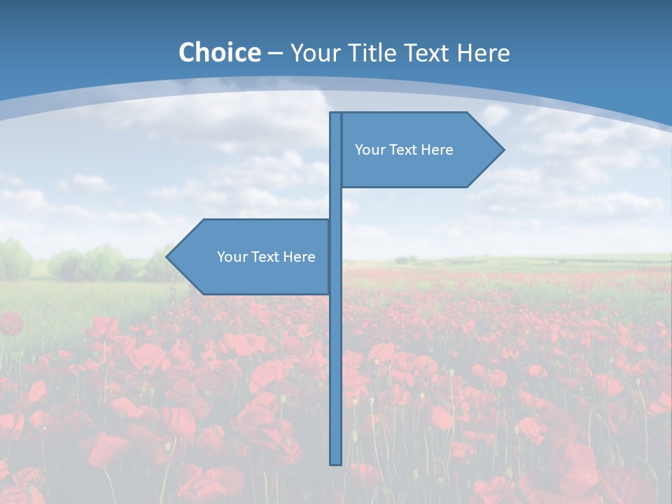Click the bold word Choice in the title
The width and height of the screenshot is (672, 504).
pos(219,52)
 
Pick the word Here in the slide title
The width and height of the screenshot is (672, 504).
pos(484,53)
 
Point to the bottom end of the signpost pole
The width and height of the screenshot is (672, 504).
pos(335,462)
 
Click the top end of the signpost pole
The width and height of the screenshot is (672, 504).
pos(335,115)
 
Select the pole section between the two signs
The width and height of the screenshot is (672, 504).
pos(335,203)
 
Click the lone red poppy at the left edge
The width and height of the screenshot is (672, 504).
pos(10,323)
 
